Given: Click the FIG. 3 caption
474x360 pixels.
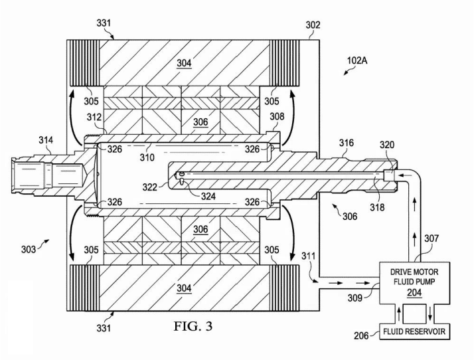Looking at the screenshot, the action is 193,326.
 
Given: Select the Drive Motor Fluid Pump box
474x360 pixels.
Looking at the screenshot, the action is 414,283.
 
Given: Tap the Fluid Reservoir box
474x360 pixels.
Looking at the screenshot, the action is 414,331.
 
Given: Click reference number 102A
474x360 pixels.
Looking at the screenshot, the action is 357,60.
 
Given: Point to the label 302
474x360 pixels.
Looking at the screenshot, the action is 313,25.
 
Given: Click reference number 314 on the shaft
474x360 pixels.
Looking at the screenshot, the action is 46,140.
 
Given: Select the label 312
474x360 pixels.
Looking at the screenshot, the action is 94,117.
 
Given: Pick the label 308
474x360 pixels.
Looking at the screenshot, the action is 277,116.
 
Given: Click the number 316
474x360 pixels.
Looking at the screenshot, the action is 346,143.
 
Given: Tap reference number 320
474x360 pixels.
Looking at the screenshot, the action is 387,145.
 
